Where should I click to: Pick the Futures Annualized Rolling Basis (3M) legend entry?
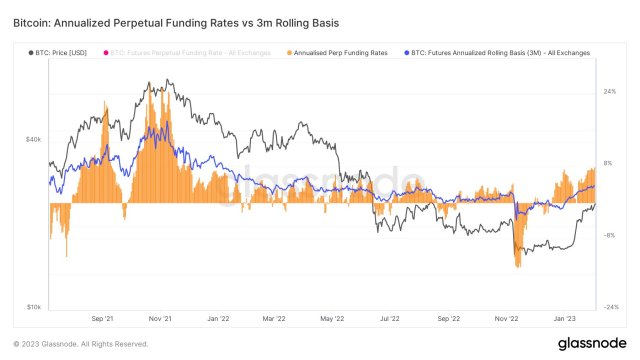coord(500,52)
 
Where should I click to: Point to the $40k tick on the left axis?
coord(32,139)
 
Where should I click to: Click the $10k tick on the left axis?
coord(32,307)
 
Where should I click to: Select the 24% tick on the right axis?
coord(608,92)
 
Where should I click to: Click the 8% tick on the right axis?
coord(607,163)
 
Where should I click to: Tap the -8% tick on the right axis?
coord(607,236)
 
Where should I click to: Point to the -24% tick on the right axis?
coord(608,307)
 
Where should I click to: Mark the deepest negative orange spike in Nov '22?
coord(518,266)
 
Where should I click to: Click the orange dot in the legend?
coord(290,52)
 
